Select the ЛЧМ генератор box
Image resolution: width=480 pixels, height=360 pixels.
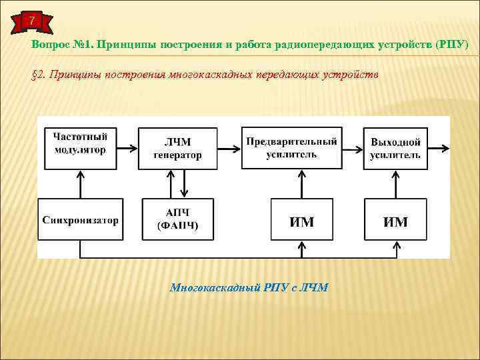(178, 148)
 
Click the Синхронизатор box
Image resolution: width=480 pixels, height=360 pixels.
(81, 219)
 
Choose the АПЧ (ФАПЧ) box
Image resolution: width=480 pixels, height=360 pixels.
(178, 219)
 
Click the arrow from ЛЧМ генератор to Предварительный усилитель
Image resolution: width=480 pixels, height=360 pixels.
(230, 148)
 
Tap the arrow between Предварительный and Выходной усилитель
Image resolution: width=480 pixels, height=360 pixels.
(351, 148)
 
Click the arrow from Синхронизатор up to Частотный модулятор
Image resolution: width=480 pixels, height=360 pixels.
(81, 184)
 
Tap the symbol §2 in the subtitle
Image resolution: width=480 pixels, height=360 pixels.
(39, 75)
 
